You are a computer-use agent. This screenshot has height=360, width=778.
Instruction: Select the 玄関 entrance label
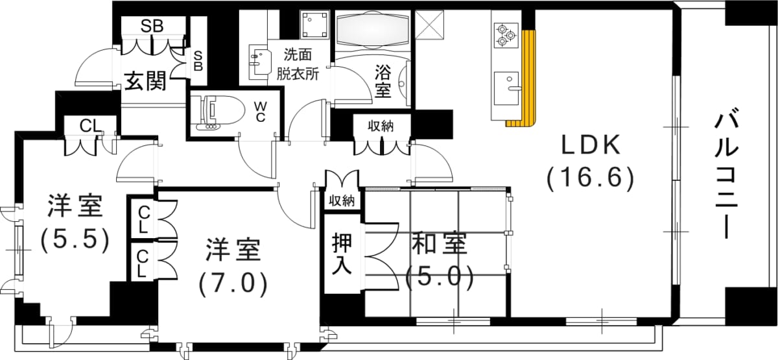(x=145, y=81)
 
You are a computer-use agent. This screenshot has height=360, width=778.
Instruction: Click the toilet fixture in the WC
(x=218, y=114)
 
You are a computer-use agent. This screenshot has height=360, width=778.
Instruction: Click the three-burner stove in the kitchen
(x=506, y=36)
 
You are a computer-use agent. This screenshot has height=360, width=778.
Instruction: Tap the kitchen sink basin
(x=506, y=88)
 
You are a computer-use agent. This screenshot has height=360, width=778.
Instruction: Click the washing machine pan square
(x=314, y=24)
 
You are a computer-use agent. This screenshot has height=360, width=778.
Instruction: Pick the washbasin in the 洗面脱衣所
(x=261, y=62)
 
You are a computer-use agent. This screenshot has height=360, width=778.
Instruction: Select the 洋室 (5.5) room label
(x=75, y=224)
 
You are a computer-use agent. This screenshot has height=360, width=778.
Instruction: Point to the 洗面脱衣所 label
(x=298, y=64)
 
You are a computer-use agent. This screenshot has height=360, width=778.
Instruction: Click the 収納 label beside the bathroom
(x=381, y=126)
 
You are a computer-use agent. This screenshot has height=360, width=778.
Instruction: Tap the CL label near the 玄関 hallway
(x=90, y=126)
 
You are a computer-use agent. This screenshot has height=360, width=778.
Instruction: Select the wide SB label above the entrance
(x=152, y=26)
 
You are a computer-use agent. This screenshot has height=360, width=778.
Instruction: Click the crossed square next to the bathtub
(x=430, y=25)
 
